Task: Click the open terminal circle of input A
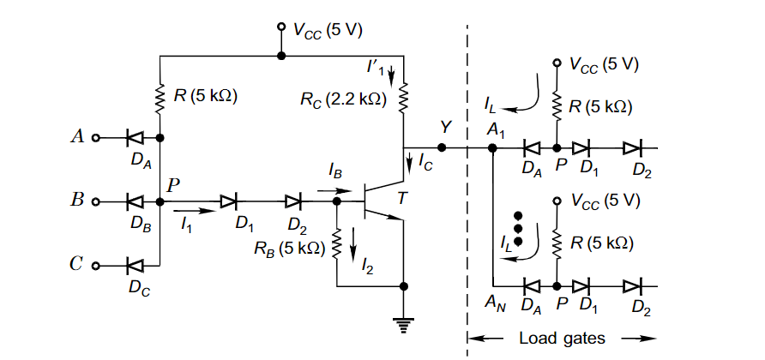[96, 137]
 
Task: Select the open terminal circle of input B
[96, 202]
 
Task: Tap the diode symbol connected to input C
[134, 266]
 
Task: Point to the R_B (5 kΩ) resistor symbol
[336, 243]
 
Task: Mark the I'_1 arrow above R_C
[392, 78]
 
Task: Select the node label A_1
[496, 129]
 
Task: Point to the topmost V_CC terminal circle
[280, 27]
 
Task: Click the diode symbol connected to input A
[134, 137]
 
